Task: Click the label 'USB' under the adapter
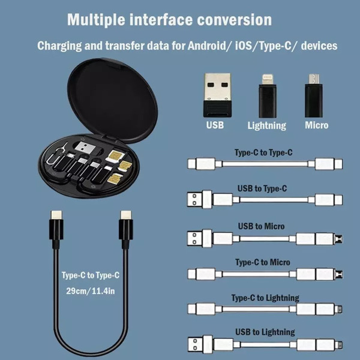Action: click(x=215, y=125)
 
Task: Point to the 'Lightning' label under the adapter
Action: click(x=266, y=125)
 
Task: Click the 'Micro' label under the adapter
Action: click(x=316, y=125)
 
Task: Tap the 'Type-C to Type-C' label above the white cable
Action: click(x=263, y=152)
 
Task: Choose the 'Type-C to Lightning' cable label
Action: click(x=265, y=298)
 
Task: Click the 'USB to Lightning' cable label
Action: click(x=265, y=332)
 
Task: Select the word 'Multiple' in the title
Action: click(x=97, y=19)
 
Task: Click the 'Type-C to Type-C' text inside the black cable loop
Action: click(x=91, y=275)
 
